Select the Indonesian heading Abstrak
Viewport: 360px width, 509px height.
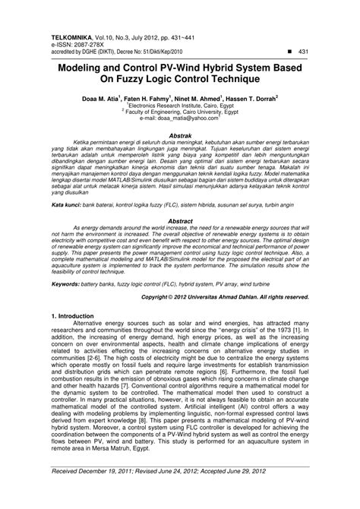tap(180, 133)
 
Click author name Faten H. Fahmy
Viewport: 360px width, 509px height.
tap(151, 98)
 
